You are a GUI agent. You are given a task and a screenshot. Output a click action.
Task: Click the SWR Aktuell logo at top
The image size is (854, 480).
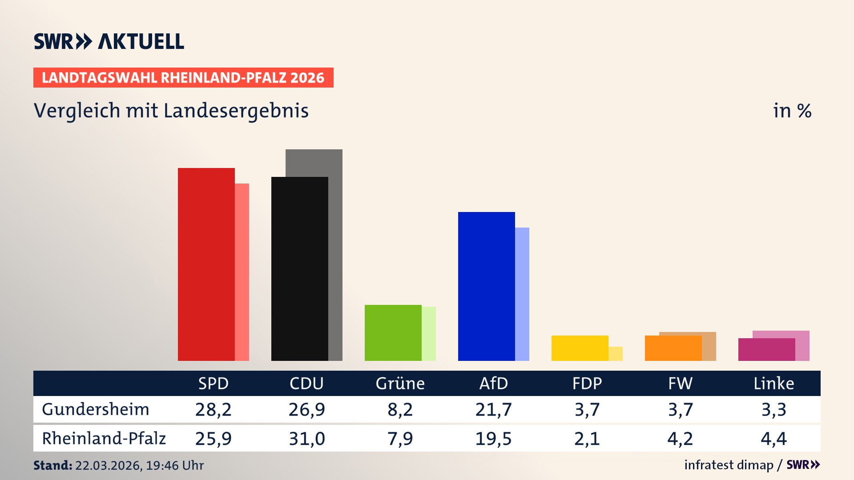click(109, 41)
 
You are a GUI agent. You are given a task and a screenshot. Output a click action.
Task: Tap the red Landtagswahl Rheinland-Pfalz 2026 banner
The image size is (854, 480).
click(183, 78)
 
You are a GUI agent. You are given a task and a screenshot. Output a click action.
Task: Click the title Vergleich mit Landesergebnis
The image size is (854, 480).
click(171, 111)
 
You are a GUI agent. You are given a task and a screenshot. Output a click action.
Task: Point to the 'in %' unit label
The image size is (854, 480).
click(792, 111)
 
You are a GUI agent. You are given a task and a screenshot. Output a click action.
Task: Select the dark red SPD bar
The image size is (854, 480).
click(206, 264)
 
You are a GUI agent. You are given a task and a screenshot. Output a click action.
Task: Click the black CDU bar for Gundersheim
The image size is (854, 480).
click(299, 269)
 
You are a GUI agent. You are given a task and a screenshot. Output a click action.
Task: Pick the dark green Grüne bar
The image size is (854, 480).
click(393, 333)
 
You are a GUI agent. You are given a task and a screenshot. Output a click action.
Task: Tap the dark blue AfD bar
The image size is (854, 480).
click(486, 287)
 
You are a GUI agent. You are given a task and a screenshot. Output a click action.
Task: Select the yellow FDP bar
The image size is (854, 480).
click(580, 348)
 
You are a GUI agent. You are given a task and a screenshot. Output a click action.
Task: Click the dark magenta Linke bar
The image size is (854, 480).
click(766, 350)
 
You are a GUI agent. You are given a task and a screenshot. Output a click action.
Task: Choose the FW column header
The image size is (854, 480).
click(680, 384)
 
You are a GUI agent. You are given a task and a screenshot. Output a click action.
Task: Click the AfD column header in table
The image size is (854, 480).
click(493, 384)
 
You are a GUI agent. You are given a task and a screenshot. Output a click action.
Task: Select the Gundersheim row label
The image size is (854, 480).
click(96, 409)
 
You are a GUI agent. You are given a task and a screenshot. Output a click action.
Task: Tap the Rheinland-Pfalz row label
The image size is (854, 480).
click(104, 439)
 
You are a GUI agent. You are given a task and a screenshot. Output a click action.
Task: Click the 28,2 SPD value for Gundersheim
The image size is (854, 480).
click(213, 409)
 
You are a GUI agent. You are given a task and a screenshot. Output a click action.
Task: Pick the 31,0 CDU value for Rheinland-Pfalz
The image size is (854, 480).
click(307, 439)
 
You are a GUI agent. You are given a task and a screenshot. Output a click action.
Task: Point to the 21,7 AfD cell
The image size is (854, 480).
click(493, 409)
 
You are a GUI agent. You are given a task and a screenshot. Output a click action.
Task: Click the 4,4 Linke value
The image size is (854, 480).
click(773, 439)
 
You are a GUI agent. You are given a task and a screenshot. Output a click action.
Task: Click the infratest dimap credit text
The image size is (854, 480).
click(729, 465)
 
